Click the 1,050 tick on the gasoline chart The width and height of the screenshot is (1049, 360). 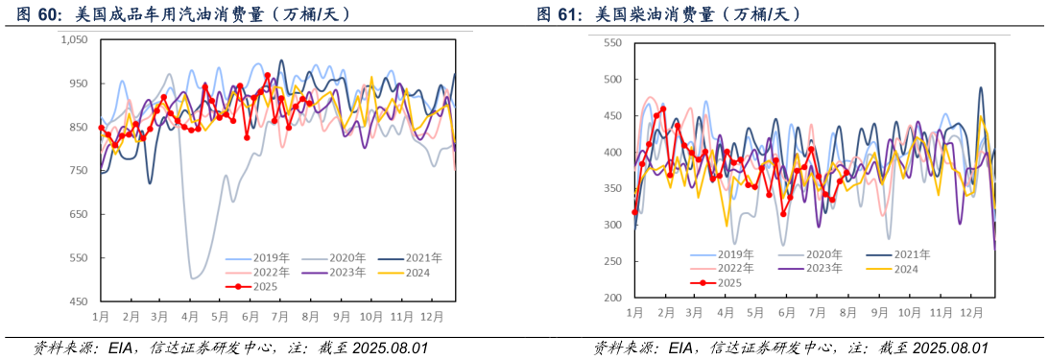point(74,39)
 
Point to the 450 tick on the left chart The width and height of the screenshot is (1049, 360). point(78,301)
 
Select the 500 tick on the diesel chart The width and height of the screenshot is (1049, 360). point(612,80)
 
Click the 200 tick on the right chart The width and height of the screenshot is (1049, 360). point(612,299)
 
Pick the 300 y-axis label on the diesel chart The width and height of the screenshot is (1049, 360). point(612,226)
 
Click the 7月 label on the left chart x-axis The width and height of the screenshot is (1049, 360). point(281,316)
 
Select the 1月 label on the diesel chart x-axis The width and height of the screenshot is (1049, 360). point(634,313)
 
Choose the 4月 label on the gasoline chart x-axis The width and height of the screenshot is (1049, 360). point(190,316)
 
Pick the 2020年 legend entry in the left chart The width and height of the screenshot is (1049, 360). point(343,258)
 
